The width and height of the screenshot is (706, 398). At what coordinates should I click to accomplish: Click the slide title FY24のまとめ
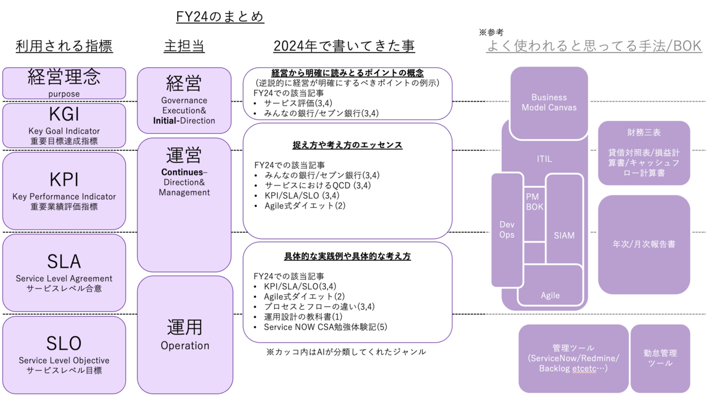[219, 16]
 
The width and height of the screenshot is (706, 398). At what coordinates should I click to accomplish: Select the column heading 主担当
[184, 46]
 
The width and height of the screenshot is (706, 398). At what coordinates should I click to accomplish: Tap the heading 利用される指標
[64, 46]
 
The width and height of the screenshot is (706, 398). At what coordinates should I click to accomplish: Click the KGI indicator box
[64, 125]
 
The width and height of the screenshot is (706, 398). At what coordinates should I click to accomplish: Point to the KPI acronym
[64, 180]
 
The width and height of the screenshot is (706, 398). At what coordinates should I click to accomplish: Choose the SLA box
[64, 273]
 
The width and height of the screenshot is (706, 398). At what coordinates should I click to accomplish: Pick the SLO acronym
[64, 343]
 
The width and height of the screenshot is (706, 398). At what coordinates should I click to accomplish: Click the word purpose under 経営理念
[64, 94]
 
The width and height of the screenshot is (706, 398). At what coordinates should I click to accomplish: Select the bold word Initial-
[166, 121]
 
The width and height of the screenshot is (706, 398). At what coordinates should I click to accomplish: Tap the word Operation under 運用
[185, 346]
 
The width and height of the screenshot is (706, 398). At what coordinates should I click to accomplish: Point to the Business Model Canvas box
[549, 103]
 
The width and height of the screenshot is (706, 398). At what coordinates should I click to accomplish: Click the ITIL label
[545, 159]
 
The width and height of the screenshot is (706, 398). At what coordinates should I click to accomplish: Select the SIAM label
[564, 236]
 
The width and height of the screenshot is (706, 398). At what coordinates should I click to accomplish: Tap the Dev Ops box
[507, 230]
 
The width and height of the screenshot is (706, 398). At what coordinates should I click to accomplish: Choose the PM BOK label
[535, 202]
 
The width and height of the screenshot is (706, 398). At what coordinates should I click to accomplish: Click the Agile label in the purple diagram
[550, 296]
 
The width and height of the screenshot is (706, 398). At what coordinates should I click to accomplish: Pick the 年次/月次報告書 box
[644, 245]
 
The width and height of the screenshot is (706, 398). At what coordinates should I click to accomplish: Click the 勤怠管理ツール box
[660, 359]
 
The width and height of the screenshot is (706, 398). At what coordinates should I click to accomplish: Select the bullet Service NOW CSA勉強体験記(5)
[325, 327]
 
